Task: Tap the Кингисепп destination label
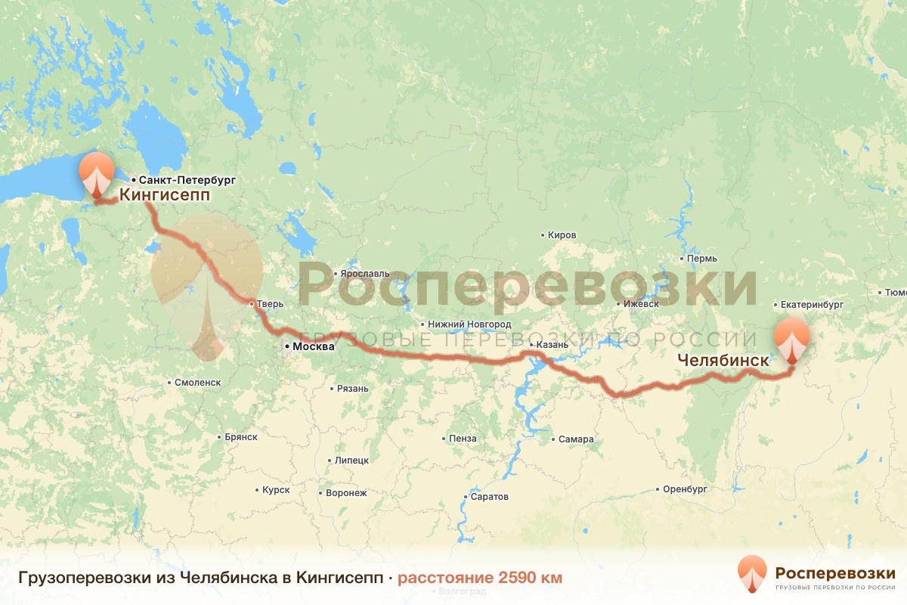164,196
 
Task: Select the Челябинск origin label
723,361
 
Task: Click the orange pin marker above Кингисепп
97,173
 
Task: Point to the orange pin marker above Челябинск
792,339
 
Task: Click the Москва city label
311,347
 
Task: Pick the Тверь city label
270,304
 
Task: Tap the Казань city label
552,345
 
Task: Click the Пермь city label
702,259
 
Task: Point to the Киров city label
562,235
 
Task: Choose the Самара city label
576,439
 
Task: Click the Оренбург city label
685,489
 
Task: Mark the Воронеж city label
346,493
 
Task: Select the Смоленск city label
197,383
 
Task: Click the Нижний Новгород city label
469,324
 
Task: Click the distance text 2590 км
480,578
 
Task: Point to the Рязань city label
353,389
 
